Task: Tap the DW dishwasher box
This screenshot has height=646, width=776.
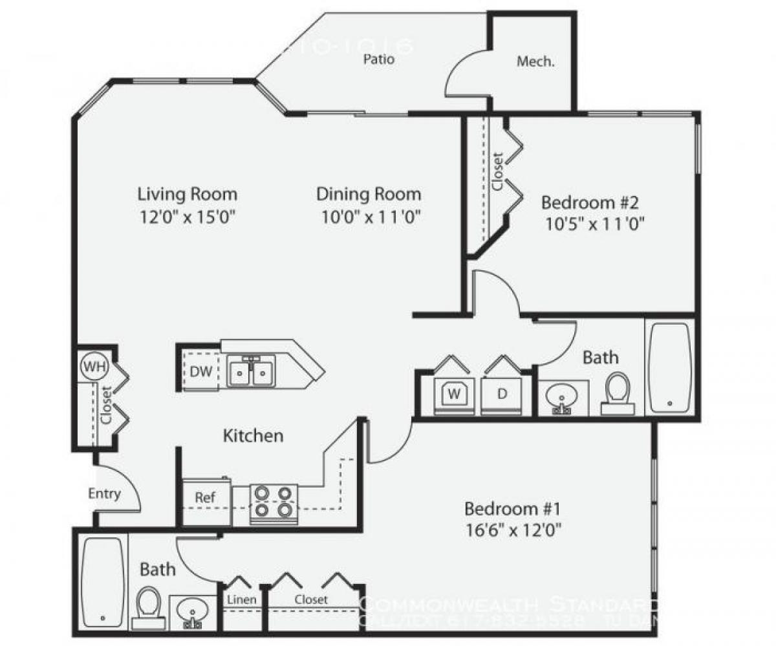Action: click(x=200, y=371)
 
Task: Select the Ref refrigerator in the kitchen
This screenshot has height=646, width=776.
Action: click(x=205, y=497)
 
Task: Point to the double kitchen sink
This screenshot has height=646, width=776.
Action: click(x=251, y=372)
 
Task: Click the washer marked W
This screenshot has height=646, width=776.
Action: click(x=454, y=393)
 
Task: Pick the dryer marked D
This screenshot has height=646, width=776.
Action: click(x=502, y=393)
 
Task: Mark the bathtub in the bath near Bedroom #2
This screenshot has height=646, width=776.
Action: click(x=670, y=367)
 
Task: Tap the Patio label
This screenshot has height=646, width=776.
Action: click(x=378, y=60)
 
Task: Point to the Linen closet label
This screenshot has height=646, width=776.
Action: click(x=241, y=599)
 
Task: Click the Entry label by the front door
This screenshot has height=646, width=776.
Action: click(x=104, y=494)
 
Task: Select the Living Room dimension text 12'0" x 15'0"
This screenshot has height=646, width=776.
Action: click(x=187, y=217)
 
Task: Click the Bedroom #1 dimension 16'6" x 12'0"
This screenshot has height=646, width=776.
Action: click(x=513, y=531)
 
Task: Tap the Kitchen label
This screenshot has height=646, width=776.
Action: click(x=253, y=435)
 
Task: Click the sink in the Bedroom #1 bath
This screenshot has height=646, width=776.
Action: click(x=192, y=610)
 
